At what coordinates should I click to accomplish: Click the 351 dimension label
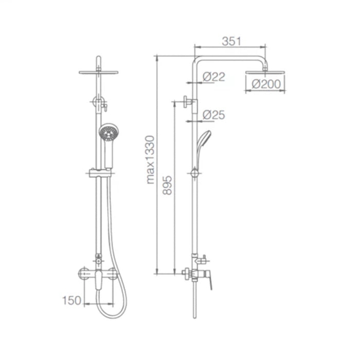231,41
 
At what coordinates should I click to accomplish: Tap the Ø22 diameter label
213,77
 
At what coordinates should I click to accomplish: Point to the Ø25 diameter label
213,115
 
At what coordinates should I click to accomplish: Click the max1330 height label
150,159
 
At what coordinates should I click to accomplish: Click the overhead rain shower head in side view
265,73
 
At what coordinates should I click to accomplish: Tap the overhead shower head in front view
98,71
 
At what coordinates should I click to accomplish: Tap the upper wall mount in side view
189,102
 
